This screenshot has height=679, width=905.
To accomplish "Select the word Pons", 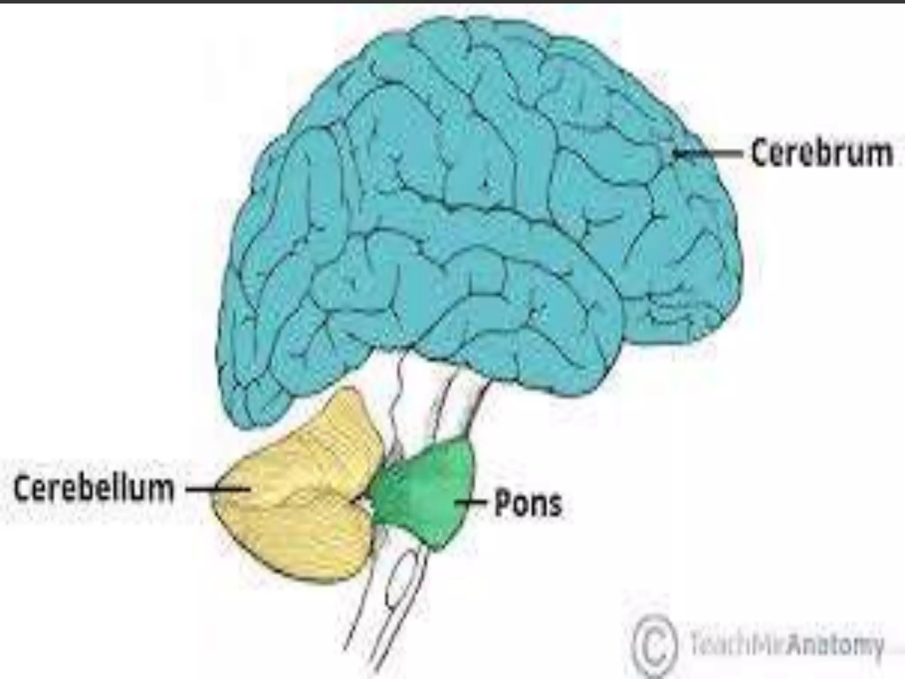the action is click(x=528, y=503).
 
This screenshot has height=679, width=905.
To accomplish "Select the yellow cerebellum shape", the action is click(x=300, y=500).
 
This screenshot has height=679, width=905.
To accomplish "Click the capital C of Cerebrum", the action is click(x=761, y=153).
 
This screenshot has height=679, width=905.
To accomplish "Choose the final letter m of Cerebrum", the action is click(x=877, y=154).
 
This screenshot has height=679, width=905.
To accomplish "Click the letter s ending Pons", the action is click(x=554, y=505).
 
